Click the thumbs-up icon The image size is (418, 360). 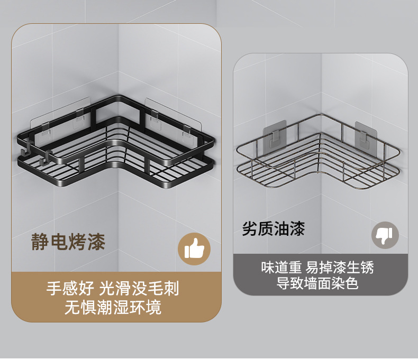(x=194, y=248)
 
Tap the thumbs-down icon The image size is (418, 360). (x=385, y=235)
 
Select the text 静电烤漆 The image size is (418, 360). (x=67, y=242)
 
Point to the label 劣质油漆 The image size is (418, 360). (x=274, y=229)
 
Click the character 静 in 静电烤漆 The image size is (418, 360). (x=39, y=242)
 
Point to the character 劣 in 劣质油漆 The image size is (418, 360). (x=250, y=229)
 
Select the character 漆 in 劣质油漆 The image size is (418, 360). (x=297, y=229)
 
